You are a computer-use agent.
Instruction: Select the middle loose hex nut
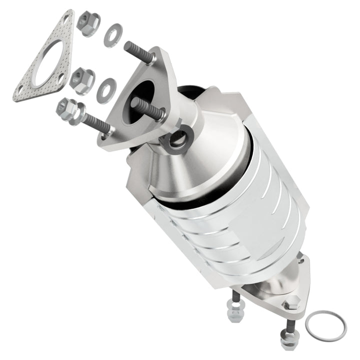pos(82,77)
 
